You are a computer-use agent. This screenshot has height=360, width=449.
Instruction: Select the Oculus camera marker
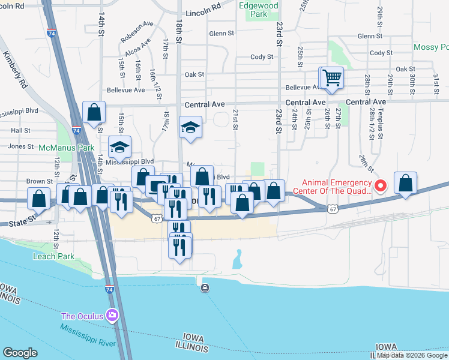click(112, 314)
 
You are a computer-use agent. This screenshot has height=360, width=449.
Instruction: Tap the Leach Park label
click(53, 256)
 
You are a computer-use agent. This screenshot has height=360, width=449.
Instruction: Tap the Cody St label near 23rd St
click(262, 57)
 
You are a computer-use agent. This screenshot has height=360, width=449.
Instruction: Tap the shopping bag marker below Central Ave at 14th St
click(94, 112)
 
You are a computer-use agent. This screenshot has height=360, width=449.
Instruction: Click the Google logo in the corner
click(20, 353)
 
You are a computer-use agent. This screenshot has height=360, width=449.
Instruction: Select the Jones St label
click(20, 146)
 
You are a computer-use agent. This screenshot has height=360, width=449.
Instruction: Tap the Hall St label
click(20, 130)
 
